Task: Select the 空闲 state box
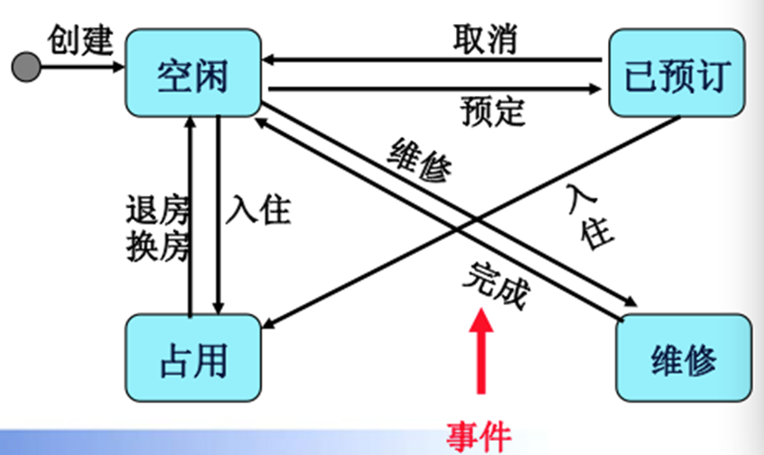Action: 192,78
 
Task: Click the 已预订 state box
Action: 674,76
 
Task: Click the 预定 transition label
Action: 493,111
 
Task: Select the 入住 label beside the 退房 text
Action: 258,209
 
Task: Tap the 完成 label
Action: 495,285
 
